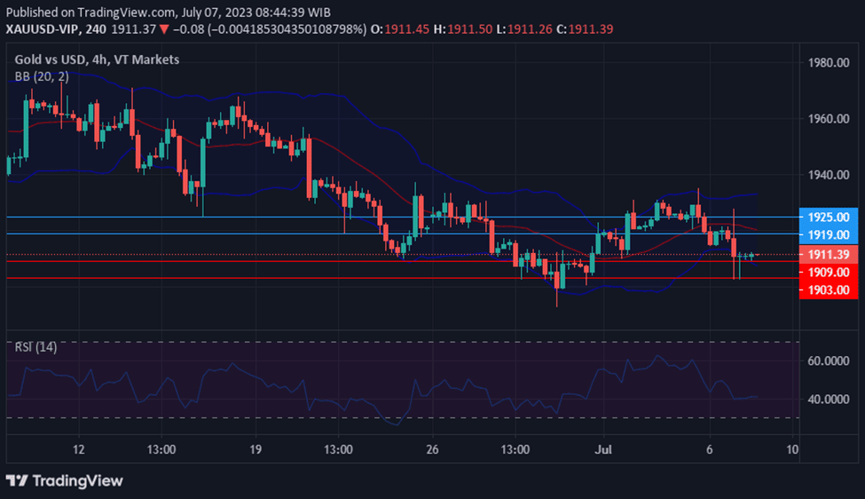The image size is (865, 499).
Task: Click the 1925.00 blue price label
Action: tap(829, 217)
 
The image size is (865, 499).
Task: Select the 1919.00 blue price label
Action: tap(829, 234)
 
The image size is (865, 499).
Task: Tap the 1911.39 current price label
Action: tap(829, 255)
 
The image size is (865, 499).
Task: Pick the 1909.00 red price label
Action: tap(829, 272)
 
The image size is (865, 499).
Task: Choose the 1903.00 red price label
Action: tap(829, 289)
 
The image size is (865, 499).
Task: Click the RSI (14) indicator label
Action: tap(35, 347)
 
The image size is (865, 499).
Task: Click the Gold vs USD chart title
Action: tap(97, 59)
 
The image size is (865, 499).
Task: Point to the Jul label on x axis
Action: tap(603, 449)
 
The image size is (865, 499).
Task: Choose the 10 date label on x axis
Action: tap(792, 449)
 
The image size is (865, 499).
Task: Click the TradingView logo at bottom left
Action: tap(64, 480)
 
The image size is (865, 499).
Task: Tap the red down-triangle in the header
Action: tap(164, 29)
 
